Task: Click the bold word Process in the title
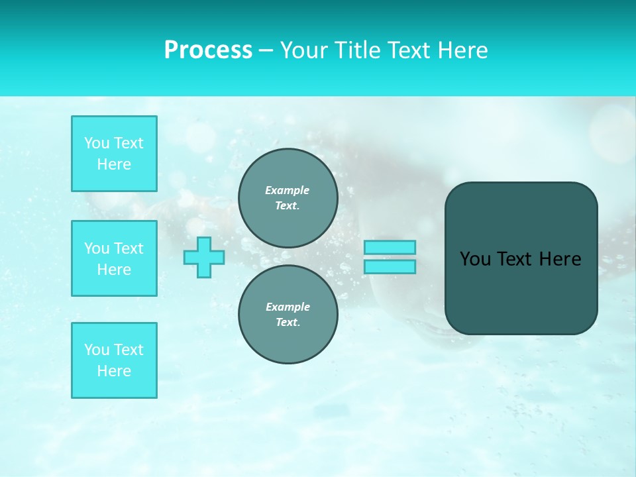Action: [208, 50]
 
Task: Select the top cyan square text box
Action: [114, 154]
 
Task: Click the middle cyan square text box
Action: [114, 258]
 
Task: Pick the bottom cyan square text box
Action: [114, 360]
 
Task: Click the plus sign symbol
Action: [204, 257]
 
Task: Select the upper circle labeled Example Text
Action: [288, 198]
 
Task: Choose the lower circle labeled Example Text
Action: [288, 315]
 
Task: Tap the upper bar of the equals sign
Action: [390, 247]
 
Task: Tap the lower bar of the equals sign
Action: [390, 266]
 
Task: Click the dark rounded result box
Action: [521, 291]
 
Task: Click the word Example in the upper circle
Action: [288, 190]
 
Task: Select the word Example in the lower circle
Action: [288, 307]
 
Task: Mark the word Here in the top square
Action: [114, 164]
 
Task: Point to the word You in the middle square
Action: [97, 248]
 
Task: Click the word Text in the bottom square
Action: [129, 350]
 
